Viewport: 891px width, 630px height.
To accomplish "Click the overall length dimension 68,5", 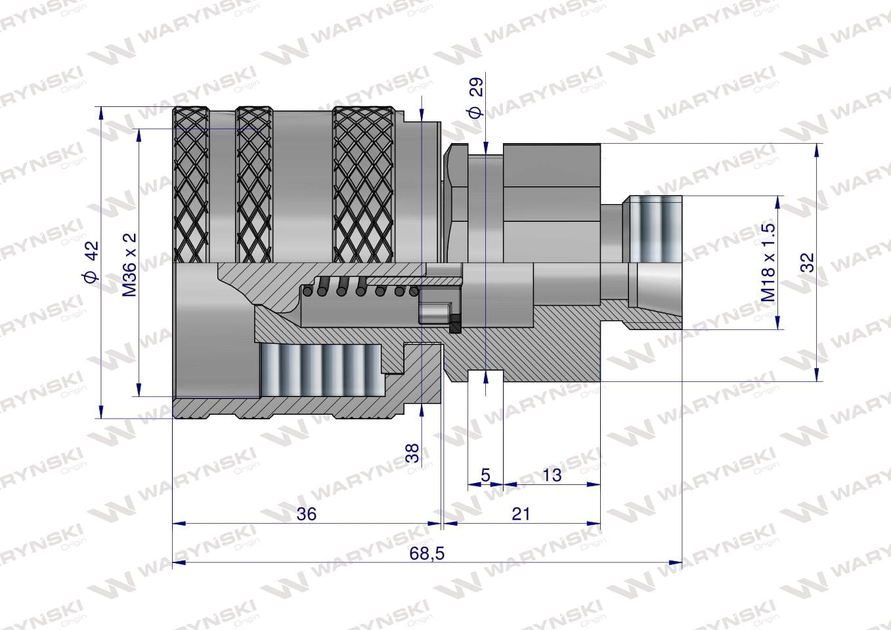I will tap(427, 553).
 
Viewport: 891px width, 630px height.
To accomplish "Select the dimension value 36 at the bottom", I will tap(306, 514).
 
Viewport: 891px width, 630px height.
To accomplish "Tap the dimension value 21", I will tap(521, 514).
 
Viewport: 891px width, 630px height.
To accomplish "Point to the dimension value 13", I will tap(552, 475).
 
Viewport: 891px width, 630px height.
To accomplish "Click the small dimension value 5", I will tap(485, 475).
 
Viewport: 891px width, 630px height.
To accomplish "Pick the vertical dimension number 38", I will tap(412, 453).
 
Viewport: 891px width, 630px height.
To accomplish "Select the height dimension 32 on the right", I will tap(808, 262).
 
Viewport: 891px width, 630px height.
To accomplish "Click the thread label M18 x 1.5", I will tap(769, 262).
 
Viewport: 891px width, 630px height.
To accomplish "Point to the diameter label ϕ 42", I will tap(91, 262).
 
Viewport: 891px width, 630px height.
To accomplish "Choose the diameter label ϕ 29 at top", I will tap(476, 97).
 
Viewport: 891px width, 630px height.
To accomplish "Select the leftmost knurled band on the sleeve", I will tap(192, 184).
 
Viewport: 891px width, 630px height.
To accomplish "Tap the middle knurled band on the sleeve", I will tap(254, 184).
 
